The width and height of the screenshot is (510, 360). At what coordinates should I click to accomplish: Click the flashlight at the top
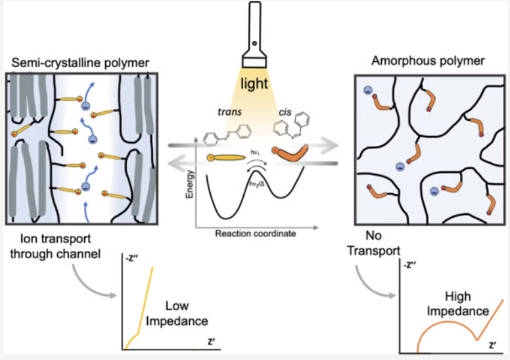(256, 39)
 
